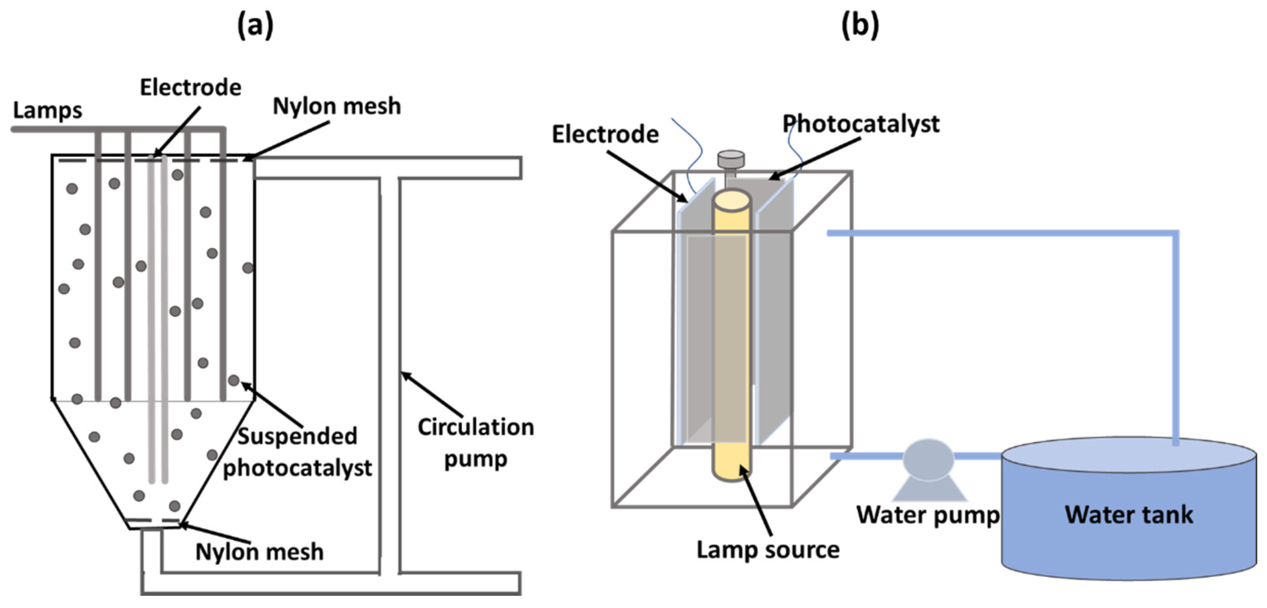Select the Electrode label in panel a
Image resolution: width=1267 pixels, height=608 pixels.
click(190, 88)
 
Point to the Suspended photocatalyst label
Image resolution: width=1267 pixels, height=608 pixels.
click(297, 452)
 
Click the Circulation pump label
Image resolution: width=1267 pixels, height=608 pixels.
click(475, 442)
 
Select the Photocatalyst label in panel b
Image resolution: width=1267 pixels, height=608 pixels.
click(861, 123)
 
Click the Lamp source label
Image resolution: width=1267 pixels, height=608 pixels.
click(768, 550)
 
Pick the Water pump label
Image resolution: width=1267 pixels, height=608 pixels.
click(928, 515)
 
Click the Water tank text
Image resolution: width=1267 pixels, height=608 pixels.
click(1129, 515)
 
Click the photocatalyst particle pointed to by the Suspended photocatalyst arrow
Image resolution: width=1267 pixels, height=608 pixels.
click(234, 380)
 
